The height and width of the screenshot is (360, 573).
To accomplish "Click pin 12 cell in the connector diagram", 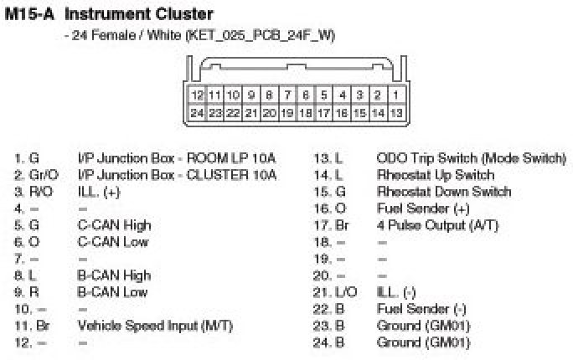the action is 198,95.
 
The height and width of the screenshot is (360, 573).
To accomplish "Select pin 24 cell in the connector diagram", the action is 198,112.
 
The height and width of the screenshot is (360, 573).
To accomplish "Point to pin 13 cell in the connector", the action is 397,112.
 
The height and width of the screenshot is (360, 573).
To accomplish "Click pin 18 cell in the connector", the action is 306,112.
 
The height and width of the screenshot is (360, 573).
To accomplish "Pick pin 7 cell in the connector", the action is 287,95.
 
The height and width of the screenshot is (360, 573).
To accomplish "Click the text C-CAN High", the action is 114,224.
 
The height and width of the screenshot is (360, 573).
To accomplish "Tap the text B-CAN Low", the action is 112,291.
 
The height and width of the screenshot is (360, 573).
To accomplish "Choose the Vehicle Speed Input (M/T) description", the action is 155,325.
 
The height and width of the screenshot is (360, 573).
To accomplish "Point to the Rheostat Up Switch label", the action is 436,175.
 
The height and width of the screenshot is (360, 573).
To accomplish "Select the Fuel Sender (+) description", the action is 423,208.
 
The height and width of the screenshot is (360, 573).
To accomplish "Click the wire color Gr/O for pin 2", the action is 42,175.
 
